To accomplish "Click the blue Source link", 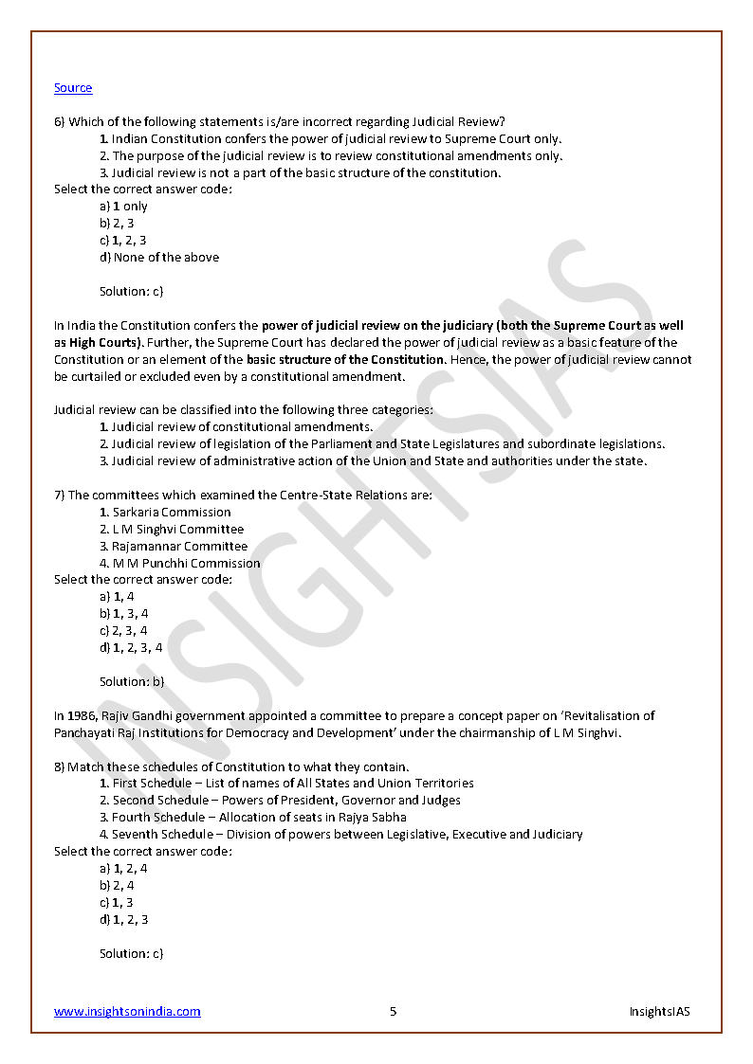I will click(73, 88).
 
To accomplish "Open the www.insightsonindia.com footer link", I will click(127, 1011).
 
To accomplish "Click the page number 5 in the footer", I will click(393, 1011).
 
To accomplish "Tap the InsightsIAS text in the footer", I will click(659, 1011).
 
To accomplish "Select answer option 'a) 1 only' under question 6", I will click(123, 207).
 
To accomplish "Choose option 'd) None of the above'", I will click(158, 257).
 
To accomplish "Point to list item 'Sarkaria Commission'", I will click(171, 513).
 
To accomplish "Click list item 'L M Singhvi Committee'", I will click(177, 530).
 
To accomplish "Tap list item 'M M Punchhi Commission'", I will click(186, 563).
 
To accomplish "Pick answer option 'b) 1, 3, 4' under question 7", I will click(123, 614).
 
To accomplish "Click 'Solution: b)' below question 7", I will click(132, 681).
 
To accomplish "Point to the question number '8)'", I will click(60, 766).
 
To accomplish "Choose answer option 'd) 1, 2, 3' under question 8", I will click(123, 919).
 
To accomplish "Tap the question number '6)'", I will click(60, 121).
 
